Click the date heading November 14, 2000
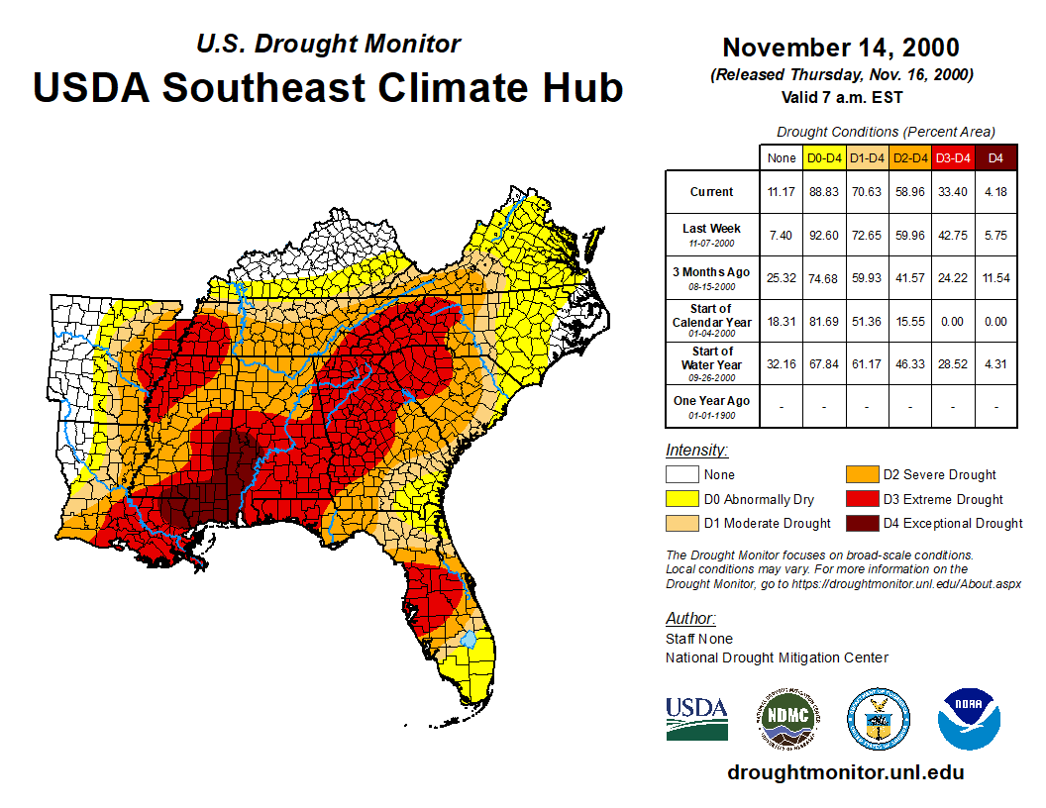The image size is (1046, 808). coord(840,48)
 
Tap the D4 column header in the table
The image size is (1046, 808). coord(996,157)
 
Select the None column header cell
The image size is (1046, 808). coord(781,157)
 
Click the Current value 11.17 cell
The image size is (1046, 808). coord(781,192)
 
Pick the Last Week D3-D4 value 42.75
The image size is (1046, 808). coord(953,236)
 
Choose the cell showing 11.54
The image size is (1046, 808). coord(996,278)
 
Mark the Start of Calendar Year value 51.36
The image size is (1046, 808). coord(867,321)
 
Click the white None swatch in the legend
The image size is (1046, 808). coord(680,475)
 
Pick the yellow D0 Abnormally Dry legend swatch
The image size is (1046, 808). coord(680,499)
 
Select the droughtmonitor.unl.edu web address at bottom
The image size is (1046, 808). coord(845,772)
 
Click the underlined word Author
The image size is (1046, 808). coord(690,619)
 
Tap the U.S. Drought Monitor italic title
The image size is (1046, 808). coord(328,45)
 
